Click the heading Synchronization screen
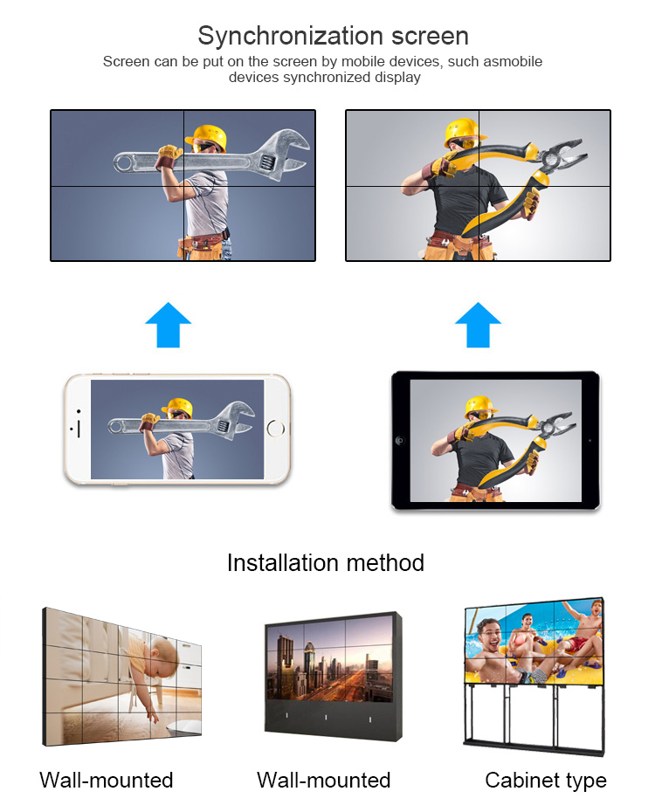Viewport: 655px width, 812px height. [333, 37]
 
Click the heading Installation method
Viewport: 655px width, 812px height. [326, 563]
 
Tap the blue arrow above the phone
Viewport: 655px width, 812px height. [169, 325]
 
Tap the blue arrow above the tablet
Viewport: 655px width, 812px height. [478, 325]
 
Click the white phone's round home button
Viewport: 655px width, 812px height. [275, 429]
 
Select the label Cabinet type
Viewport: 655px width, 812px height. [546, 781]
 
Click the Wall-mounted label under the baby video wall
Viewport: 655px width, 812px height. [107, 780]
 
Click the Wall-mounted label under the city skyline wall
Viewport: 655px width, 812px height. [324, 780]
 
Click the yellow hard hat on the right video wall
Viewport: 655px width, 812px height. [464, 132]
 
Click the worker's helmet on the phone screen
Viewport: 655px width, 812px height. [177, 407]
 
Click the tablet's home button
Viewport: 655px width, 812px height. [399, 441]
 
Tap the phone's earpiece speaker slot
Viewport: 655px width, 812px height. [79, 429]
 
